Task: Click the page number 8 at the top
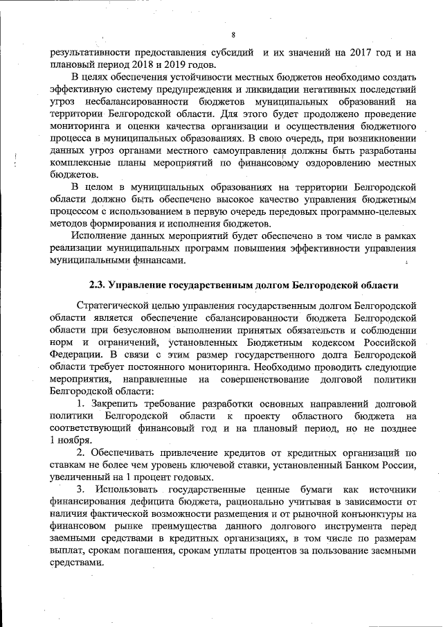[233, 35]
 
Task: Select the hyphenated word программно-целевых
[367, 211]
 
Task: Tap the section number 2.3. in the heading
[100, 285]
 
